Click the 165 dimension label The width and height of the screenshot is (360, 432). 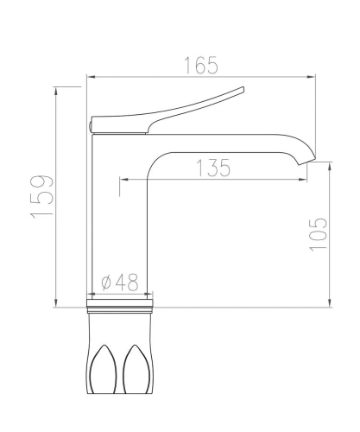point(201,66)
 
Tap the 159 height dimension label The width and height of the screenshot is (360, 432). point(42,196)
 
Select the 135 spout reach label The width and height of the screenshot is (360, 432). point(213,168)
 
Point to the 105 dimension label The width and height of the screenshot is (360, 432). point(319,234)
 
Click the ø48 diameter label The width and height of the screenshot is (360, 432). point(120,282)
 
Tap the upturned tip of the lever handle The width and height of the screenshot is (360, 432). point(243,89)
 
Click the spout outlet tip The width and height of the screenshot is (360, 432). point(307,162)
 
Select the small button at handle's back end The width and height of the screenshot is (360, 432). point(90,127)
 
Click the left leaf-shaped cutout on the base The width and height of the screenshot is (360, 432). point(104,369)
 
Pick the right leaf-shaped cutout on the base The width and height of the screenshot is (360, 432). point(137,369)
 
